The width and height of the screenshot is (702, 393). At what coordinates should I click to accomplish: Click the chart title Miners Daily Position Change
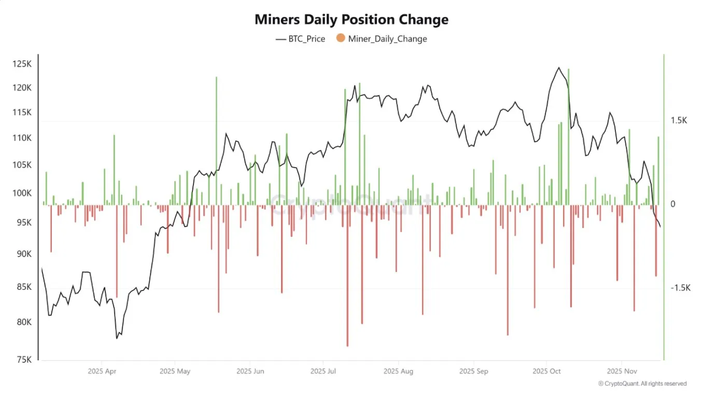click(351, 20)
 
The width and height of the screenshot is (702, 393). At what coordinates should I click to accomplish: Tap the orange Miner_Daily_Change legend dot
click(341, 38)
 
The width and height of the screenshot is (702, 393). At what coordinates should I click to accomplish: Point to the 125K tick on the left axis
click(22, 64)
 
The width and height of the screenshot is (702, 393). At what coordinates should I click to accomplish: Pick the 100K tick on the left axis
click(22, 193)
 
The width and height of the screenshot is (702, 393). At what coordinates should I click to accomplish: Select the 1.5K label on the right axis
click(678, 120)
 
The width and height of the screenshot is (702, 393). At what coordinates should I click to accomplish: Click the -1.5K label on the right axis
click(680, 288)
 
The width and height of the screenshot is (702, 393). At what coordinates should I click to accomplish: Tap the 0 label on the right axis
click(673, 204)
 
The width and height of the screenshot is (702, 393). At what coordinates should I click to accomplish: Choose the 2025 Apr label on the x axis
click(102, 371)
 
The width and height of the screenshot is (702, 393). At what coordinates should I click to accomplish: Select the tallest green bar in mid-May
click(216, 140)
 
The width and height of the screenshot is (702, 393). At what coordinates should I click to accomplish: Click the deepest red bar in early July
click(347, 275)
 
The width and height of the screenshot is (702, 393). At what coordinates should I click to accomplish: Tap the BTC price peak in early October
click(558, 68)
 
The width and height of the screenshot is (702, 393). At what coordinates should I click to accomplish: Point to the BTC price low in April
click(117, 338)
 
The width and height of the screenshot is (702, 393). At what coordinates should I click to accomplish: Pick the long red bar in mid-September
click(508, 270)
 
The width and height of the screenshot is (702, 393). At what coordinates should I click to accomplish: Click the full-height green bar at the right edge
click(664, 207)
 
